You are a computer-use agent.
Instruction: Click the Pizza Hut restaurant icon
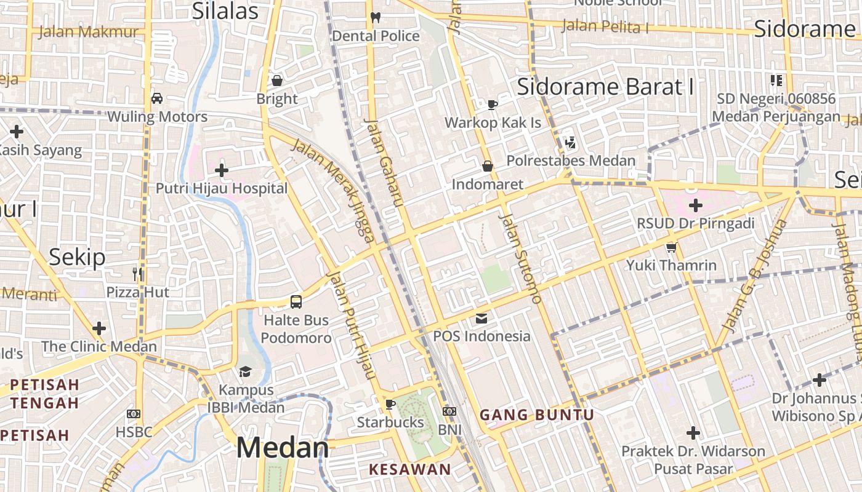[137, 274]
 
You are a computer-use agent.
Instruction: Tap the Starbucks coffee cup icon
[389, 404]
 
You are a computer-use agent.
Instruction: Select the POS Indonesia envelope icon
[481, 319]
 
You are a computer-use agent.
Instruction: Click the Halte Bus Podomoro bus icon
[296, 302]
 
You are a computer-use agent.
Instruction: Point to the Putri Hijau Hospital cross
[222, 170]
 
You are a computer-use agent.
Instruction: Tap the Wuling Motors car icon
[157, 98]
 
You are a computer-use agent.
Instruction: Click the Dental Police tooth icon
[376, 18]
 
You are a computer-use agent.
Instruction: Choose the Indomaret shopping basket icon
[487, 166]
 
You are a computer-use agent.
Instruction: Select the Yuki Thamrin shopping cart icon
[671, 247]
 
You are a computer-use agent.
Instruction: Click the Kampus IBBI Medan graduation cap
[246, 371]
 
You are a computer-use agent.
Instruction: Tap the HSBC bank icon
[134, 414]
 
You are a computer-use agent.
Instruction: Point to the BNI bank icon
[449, 411]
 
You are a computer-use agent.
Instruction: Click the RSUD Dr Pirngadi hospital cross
[696, 205]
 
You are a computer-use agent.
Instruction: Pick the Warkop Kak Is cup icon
[493, 105]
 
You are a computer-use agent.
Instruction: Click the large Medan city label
[283, 448]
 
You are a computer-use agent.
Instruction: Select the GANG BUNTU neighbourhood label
[537, 415]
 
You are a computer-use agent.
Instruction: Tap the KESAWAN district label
[409, 470]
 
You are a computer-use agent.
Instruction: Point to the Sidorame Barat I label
[605, 87]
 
